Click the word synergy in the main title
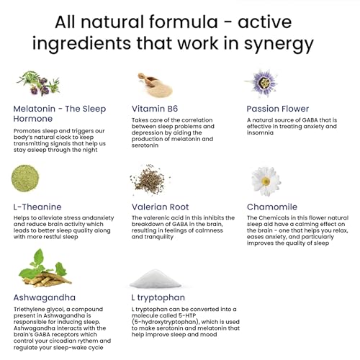pyautogui.click(x=279, y=45)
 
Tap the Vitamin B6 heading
pyautogui.click(x=155, y=109)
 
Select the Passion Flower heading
pyautogui.click(x=278, y=109)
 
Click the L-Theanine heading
pyautogui.click(x=37, y=207)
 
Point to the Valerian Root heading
pyautogui.click(x=160, y=207)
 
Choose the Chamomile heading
pyautogui.click(x=272, y=207)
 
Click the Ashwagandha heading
pyautogui.click(x=45, y=297)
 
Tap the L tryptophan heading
pyautogui.click(x=158, y=298)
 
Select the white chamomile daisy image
pyautogui.click(x=266, y=181)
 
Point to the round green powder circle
pyautogui.click(x=25, y=179)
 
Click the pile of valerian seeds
pyautogui.click(x=149, y=179)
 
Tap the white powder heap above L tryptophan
pyautogui.click(x=156, y=279)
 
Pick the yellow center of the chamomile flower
pyautogui.click(x=266, y=181)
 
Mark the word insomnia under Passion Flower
pyautogui.click(x=260, y=132)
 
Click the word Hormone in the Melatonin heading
pyautogui.click(x=33, y=119)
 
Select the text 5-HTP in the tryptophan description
pyautogui.click(x=187, y=315)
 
